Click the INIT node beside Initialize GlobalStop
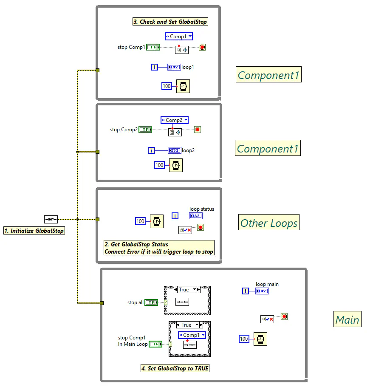51,219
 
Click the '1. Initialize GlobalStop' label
34,231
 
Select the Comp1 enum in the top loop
178,37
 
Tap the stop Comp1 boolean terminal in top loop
153,47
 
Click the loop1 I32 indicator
174,67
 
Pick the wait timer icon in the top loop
183,86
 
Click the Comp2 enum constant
174,120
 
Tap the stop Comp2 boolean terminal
145,130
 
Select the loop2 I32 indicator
174,150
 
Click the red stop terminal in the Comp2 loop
198,130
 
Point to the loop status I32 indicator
195,216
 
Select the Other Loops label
269,223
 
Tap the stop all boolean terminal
151,302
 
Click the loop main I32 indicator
262,291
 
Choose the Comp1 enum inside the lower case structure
192,335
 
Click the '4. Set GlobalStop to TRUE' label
175,368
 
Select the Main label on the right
347,319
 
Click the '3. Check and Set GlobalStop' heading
170,22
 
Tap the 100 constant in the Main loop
244,339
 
